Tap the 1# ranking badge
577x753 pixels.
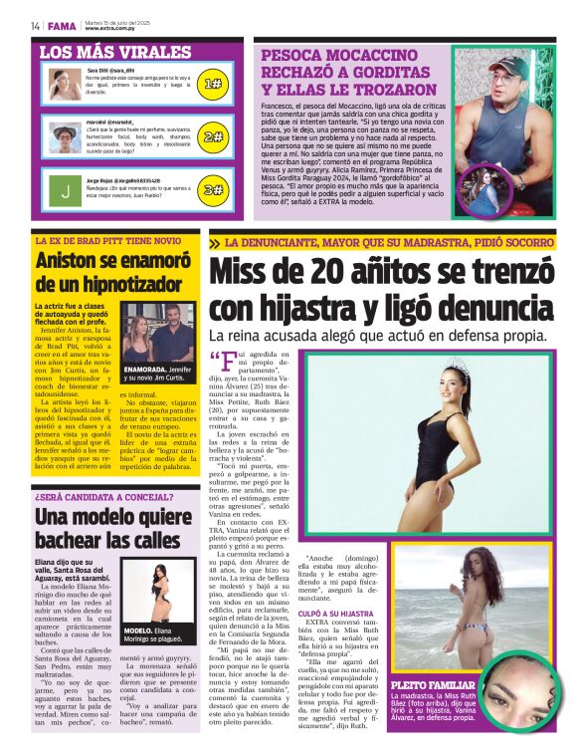click(213, 84)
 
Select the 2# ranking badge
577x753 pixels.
click(213, 136)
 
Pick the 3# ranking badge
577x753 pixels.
click(213, 189)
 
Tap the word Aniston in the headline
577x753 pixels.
click(72, 263)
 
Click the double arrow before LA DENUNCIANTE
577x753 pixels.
click(215, 243)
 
